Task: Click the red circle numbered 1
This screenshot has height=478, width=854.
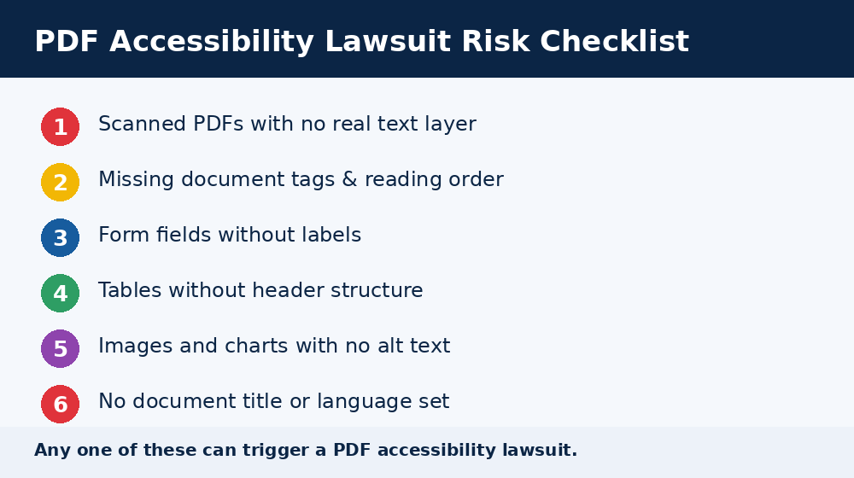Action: pyautogui.click(x=60, y=127)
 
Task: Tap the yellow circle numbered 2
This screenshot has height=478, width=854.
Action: pyautogui.click(x=60, y=183)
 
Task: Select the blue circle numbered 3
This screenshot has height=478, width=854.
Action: pyautogui.click(x=60, y=238)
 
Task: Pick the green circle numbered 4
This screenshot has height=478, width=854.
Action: pyautogui.click(x=60, y=294)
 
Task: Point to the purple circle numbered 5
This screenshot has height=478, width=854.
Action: pyautogui.click(x=60, y=349)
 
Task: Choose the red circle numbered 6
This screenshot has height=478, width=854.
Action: pyautogui.click(x=60, y=405)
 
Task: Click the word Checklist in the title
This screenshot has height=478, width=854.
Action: pyautogui.click(x=614, y=41)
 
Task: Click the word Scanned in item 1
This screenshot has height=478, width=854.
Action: pyautogui.click(x=142, y=124)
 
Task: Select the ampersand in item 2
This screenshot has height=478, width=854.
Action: pyautogui.click(x=349, y=179)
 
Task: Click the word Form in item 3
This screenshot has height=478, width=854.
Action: pyautogui.click(x=124, y=235)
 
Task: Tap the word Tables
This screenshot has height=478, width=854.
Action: pyautogui.click(x=130, y=290)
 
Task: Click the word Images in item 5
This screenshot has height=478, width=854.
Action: pyautogui.click(x=136, y=347)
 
